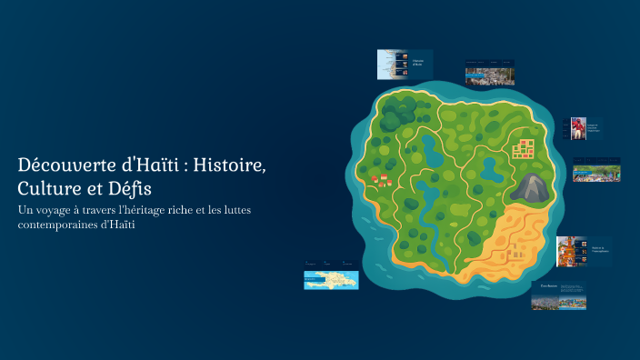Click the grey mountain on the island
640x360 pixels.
pyautogui.click(x=530, y=188)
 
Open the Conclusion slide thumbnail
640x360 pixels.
pyautogui.click(x=559, y=296)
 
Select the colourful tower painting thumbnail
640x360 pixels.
pyautogui.click(x=570, y=252)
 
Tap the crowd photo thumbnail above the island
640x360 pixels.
pyautogui.click(x=489, y=73)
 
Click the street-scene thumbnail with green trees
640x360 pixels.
pyautogui.click(x=596, y=170)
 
